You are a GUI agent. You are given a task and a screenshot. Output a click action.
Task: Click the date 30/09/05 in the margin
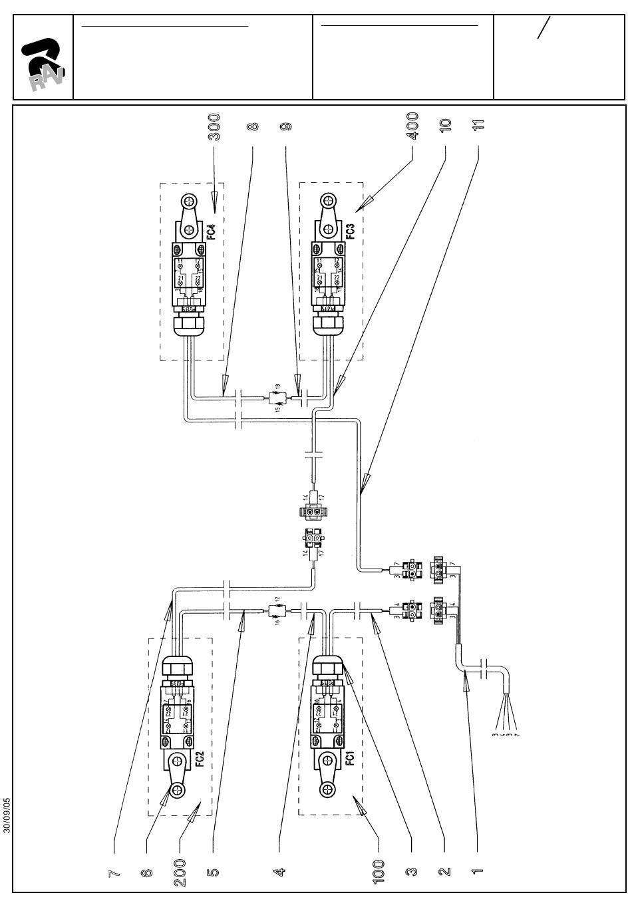pyautogui.click(x=7, y=815)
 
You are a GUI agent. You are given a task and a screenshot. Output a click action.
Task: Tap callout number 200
pyautogui.click(x=180, y=872)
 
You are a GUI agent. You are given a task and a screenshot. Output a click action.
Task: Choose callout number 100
pyautogui.click(x=377, y=872)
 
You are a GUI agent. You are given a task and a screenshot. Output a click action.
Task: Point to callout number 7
pyautogui.click(x=114, y=872)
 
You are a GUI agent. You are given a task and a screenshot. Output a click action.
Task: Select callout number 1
pyautogui.click(x=477, y=872)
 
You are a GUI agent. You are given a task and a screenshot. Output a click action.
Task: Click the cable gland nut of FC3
pyautogui.click(x=327, y=326)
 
